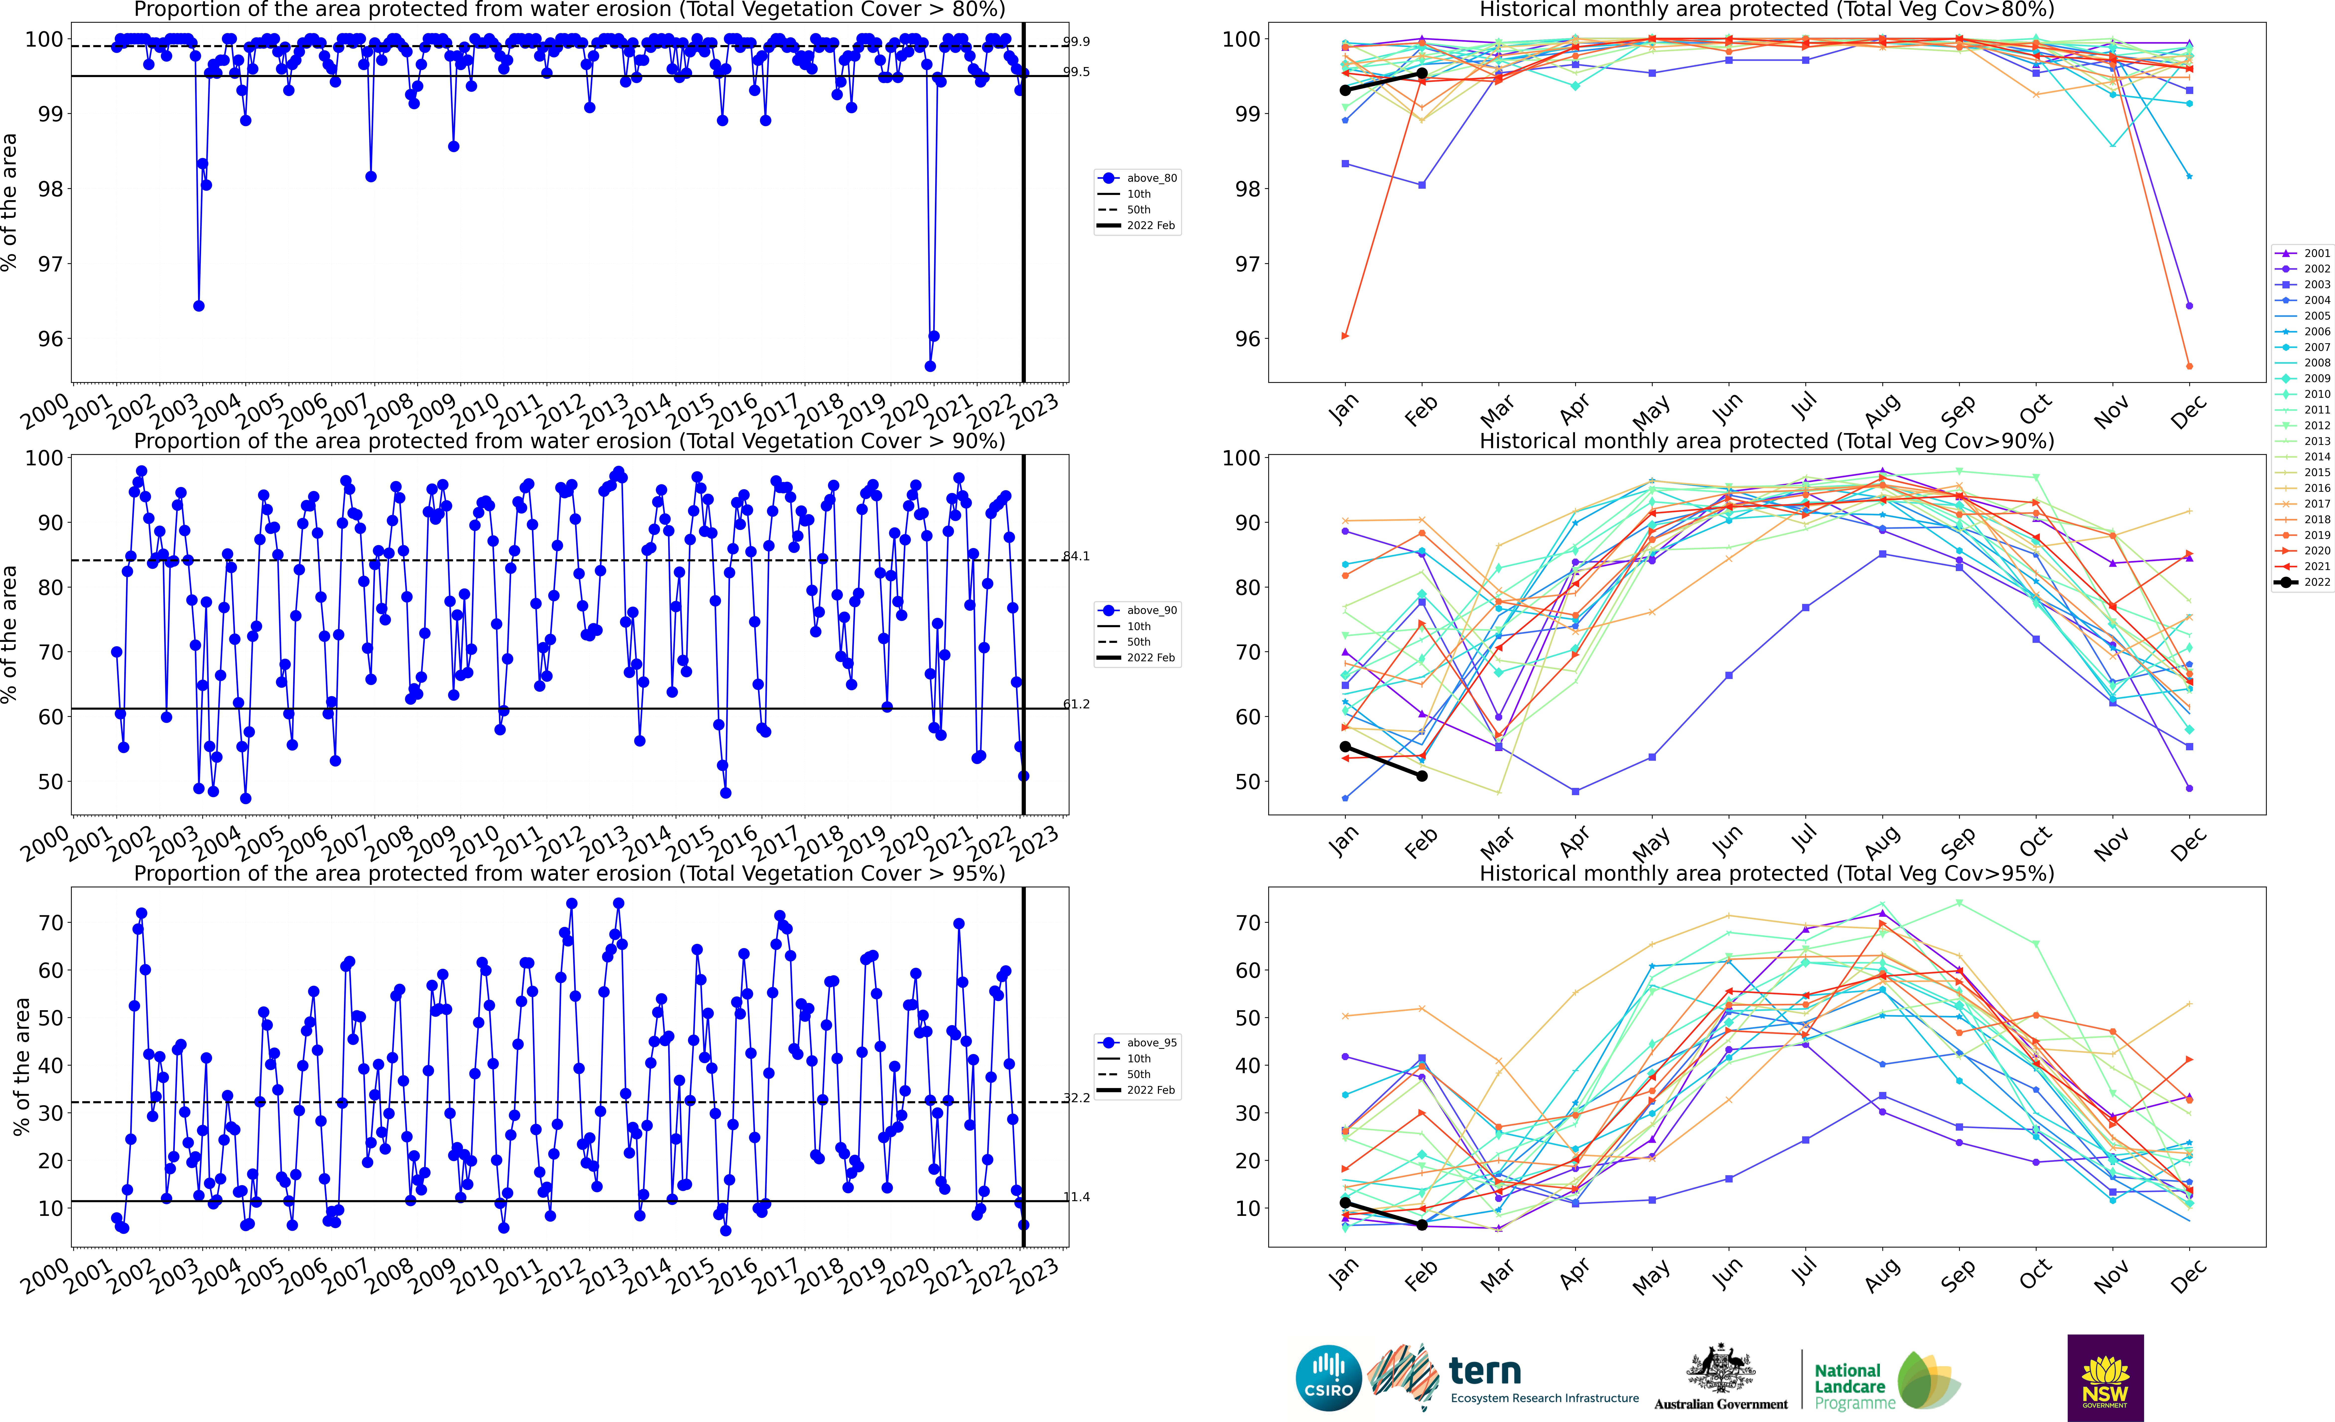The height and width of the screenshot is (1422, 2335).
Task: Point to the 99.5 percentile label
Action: (1076, 72)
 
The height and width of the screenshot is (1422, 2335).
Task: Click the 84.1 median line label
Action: (1076, 557)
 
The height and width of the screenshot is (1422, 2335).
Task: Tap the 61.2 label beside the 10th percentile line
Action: (1076, 704)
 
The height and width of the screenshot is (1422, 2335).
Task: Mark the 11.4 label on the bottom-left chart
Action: (1076, 1197)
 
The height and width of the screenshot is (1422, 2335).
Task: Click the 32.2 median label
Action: (1076, 1098)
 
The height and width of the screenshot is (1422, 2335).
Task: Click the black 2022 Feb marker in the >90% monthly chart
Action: (1421, 775)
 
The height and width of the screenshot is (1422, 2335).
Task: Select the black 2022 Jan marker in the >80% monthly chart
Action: (1345, 90)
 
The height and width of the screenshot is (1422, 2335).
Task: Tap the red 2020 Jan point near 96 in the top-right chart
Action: (1345, 335)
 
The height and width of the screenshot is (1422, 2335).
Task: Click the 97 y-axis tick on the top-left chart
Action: (49, 263)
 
